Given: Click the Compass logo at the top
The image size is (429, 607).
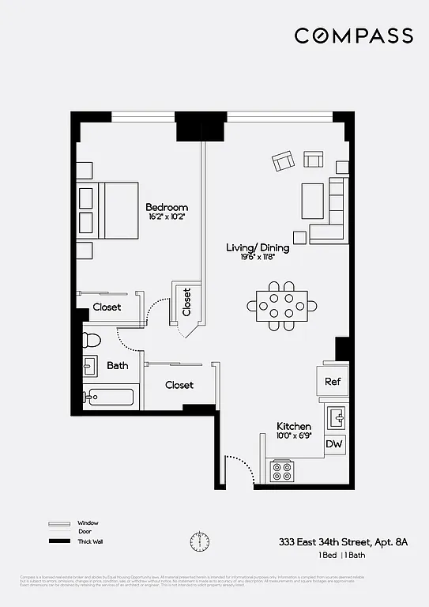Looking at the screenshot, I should point(353,36).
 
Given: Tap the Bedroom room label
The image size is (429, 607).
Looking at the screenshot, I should point(167,207).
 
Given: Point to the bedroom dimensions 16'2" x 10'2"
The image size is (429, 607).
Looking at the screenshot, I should point(167,217).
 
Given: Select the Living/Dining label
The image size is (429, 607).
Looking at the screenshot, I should point(258,247).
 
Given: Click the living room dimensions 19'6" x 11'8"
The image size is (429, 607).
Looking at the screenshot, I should point(258,257).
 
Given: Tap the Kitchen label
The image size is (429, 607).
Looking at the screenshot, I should point(294,426).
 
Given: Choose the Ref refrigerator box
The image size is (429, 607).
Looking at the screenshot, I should point(332,381).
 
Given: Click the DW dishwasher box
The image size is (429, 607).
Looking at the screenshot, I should point(335,444).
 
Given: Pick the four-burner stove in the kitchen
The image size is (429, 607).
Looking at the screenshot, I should point(282,471).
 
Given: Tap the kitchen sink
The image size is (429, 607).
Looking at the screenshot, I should point(337,416).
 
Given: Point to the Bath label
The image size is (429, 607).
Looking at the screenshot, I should point(118,365).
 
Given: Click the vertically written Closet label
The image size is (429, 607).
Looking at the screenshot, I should point(187,302).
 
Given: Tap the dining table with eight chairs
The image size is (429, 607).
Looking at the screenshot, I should point(282,304).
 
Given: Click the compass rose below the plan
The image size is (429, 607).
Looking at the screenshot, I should point(199,542).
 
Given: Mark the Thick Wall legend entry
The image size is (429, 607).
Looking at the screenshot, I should point(89,541).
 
